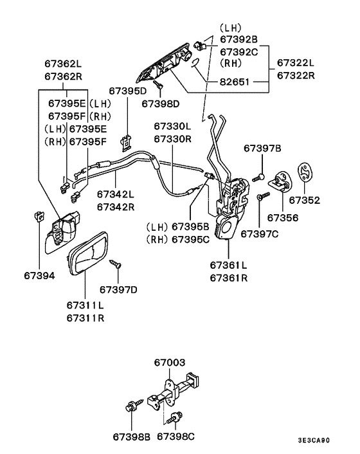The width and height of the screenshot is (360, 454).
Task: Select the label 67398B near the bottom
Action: tap(132, 437)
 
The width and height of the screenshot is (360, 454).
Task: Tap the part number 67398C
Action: tap(175, 437)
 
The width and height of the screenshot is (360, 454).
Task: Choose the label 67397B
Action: tap(262, 149)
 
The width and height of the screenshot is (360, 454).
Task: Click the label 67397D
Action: tap(119, 290)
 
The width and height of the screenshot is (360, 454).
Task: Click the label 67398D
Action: tap(161, 103)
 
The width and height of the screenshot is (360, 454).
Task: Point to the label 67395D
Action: tap(127, 91)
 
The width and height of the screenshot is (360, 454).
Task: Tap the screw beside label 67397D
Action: tap(116, 263)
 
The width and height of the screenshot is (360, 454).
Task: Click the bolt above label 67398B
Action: tap(130, 406)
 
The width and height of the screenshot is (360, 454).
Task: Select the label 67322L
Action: tap(296, 62)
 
